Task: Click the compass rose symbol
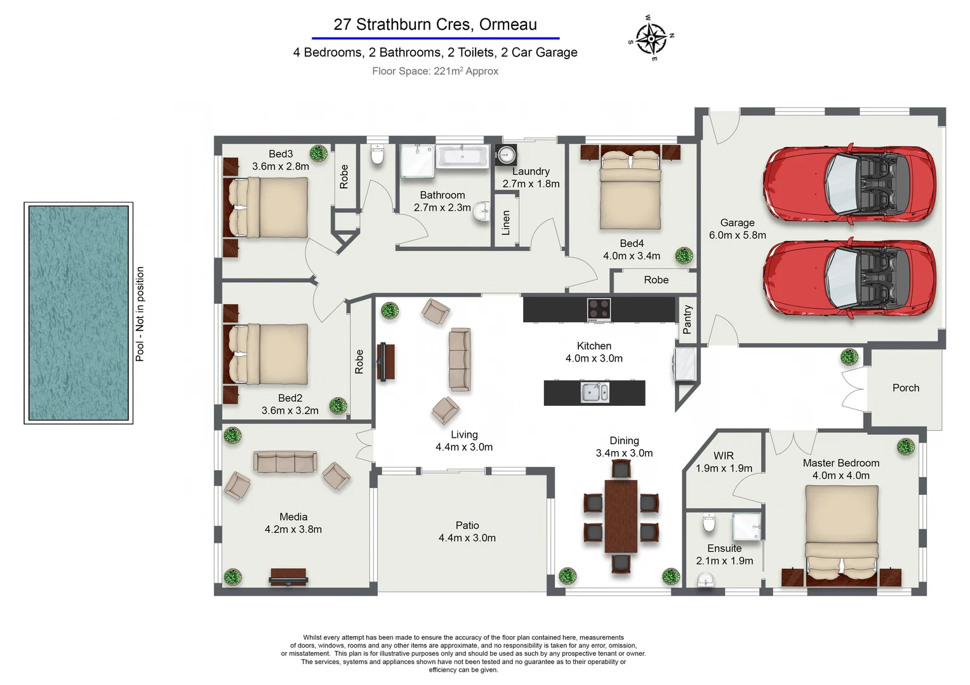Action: (651, 39)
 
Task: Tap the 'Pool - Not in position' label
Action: (140, 314)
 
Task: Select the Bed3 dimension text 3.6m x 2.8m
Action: (281, 167)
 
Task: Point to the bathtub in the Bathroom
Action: (462, 156)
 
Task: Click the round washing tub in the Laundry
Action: (506, 154)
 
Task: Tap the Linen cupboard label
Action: (506, 223)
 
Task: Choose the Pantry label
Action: (688, 319)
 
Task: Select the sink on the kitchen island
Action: (595, 393)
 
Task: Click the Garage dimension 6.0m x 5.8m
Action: (738, 235)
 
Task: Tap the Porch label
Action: (906, 388)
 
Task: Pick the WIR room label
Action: (724, 456)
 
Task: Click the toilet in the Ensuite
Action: (709, 525)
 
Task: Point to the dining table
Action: (621, 516)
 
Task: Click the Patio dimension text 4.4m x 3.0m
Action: (467, 538)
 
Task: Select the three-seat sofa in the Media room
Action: (285, 462)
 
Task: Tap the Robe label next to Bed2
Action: (359, 361)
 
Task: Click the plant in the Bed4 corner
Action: (684, 255)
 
